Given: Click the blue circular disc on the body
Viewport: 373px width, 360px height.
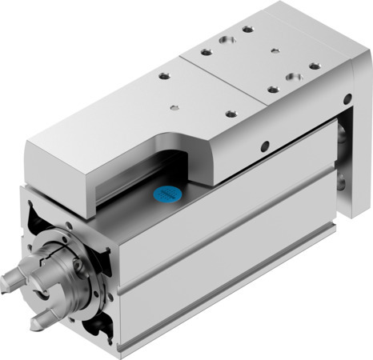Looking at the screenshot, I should (166, 194).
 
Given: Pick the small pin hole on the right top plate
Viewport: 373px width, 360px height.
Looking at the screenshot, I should (275, 50).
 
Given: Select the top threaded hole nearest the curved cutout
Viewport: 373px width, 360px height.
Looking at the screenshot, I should (230, 114).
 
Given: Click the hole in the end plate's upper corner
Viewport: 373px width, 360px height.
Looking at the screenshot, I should (346, 99).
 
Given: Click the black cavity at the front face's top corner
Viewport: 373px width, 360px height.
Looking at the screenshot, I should (34, 215).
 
